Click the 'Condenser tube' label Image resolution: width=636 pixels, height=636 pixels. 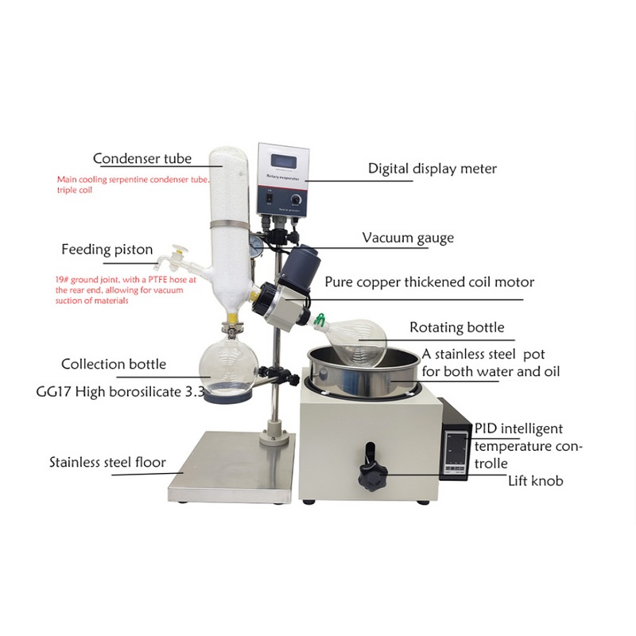[x=142, y=158]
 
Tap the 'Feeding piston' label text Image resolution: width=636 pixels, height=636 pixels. [x=107, y=250]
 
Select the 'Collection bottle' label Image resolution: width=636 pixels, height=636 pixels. [x=114, y=364]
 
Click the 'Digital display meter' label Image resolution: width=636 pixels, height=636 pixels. [x=432, y=169]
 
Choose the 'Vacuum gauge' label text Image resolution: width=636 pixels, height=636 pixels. [x=408, y=238]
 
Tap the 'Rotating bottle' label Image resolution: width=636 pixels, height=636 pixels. [x=456, y=328]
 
